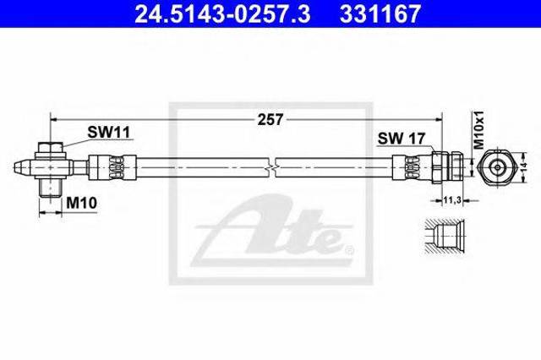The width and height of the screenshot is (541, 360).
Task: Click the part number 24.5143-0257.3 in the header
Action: [222, 14]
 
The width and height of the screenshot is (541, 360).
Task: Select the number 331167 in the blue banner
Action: [380, 14]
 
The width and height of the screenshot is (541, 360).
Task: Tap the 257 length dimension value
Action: [270, 120]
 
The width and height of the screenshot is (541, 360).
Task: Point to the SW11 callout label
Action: [108, 132]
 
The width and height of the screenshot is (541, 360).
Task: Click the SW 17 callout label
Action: [402, 139]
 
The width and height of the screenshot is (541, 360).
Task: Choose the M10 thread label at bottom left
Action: [81, 204]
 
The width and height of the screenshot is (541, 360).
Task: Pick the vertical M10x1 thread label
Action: [478, 129]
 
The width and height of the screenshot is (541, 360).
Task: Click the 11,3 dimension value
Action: [452, 200]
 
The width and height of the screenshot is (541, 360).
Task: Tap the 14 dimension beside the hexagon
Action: [524, 167]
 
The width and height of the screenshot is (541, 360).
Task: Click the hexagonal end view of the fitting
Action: [497, 167]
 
